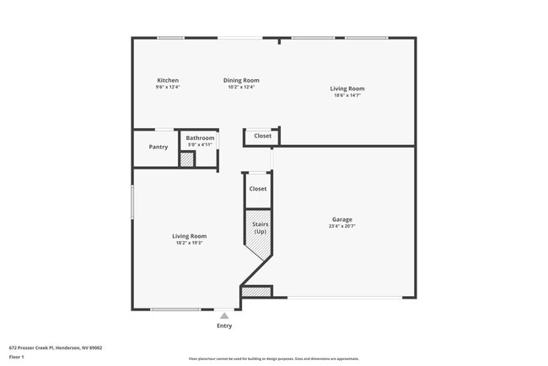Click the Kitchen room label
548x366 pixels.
(168, 80)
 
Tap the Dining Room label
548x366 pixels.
(240, 80)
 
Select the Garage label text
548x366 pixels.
(341, 220)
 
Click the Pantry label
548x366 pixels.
(158, 147)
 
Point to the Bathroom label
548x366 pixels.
(200, 137)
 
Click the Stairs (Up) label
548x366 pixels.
(260, 228)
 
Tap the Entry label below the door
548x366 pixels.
(224, 326)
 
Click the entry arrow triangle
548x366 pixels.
(224, 315)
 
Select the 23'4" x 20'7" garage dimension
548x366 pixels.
(341, 227)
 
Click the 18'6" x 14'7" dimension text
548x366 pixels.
(347, 95)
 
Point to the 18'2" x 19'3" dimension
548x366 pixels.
(189, 243)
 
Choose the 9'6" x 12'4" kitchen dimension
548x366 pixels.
(168, 87)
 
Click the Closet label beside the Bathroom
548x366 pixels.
(263, 136)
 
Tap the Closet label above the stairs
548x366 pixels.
(258, 189)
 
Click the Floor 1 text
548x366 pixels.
(18, 356)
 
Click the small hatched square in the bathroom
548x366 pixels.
(187, 159)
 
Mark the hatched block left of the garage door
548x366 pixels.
(257, 292)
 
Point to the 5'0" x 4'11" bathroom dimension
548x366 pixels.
(200, 144)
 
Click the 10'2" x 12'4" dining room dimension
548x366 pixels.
(240, 87)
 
